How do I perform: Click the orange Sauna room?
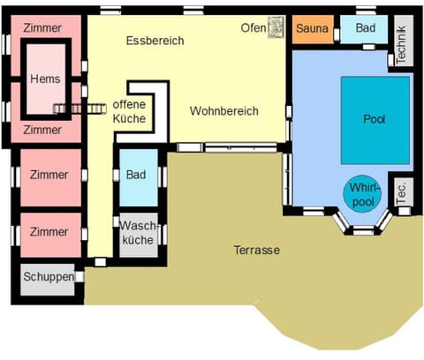point(312,29)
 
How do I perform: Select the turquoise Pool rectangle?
point(375,118)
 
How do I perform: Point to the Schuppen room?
point(48,277)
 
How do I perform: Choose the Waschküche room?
point(137,232)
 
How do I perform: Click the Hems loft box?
point(46,79)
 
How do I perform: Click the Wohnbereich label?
point(223,111)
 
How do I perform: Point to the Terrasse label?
point(256,251)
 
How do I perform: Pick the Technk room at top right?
point(402,41)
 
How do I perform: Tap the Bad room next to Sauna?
point(365,29)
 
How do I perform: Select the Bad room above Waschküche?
point(136,176)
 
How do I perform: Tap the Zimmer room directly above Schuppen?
point(49,231)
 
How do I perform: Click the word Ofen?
point(253,27)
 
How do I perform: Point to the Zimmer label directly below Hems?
point(42,130)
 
